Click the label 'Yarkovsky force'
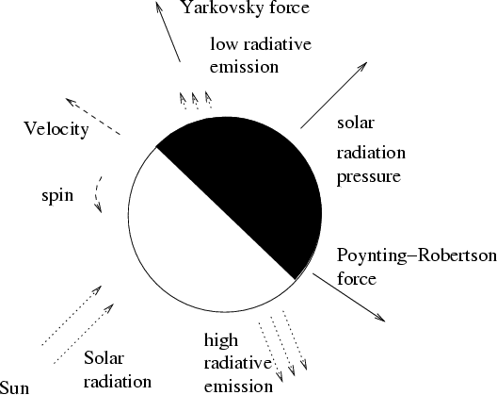(x=246, y=8)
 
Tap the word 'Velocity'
(x=56, y=129)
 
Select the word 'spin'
(x=57, y=196)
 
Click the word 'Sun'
(x=14, y=388)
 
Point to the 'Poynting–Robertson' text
(x=416, y=255)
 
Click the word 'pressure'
(x=369, y=176)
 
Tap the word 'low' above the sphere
(x=223, y=43)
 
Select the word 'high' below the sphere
(x=221, y=340)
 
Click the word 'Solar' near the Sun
(x=104, y=358)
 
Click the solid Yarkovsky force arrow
(x=168, y=31)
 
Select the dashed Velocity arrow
(x=92, y=116)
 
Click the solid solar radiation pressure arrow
(x=334, y=95)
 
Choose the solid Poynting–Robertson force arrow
(x=349, y=297)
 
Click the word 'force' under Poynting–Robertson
(x=357, y=279)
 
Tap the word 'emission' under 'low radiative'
(x=244, y=67)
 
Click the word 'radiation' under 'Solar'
(x=118, y=382)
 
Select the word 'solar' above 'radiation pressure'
(x=356, y=123)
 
